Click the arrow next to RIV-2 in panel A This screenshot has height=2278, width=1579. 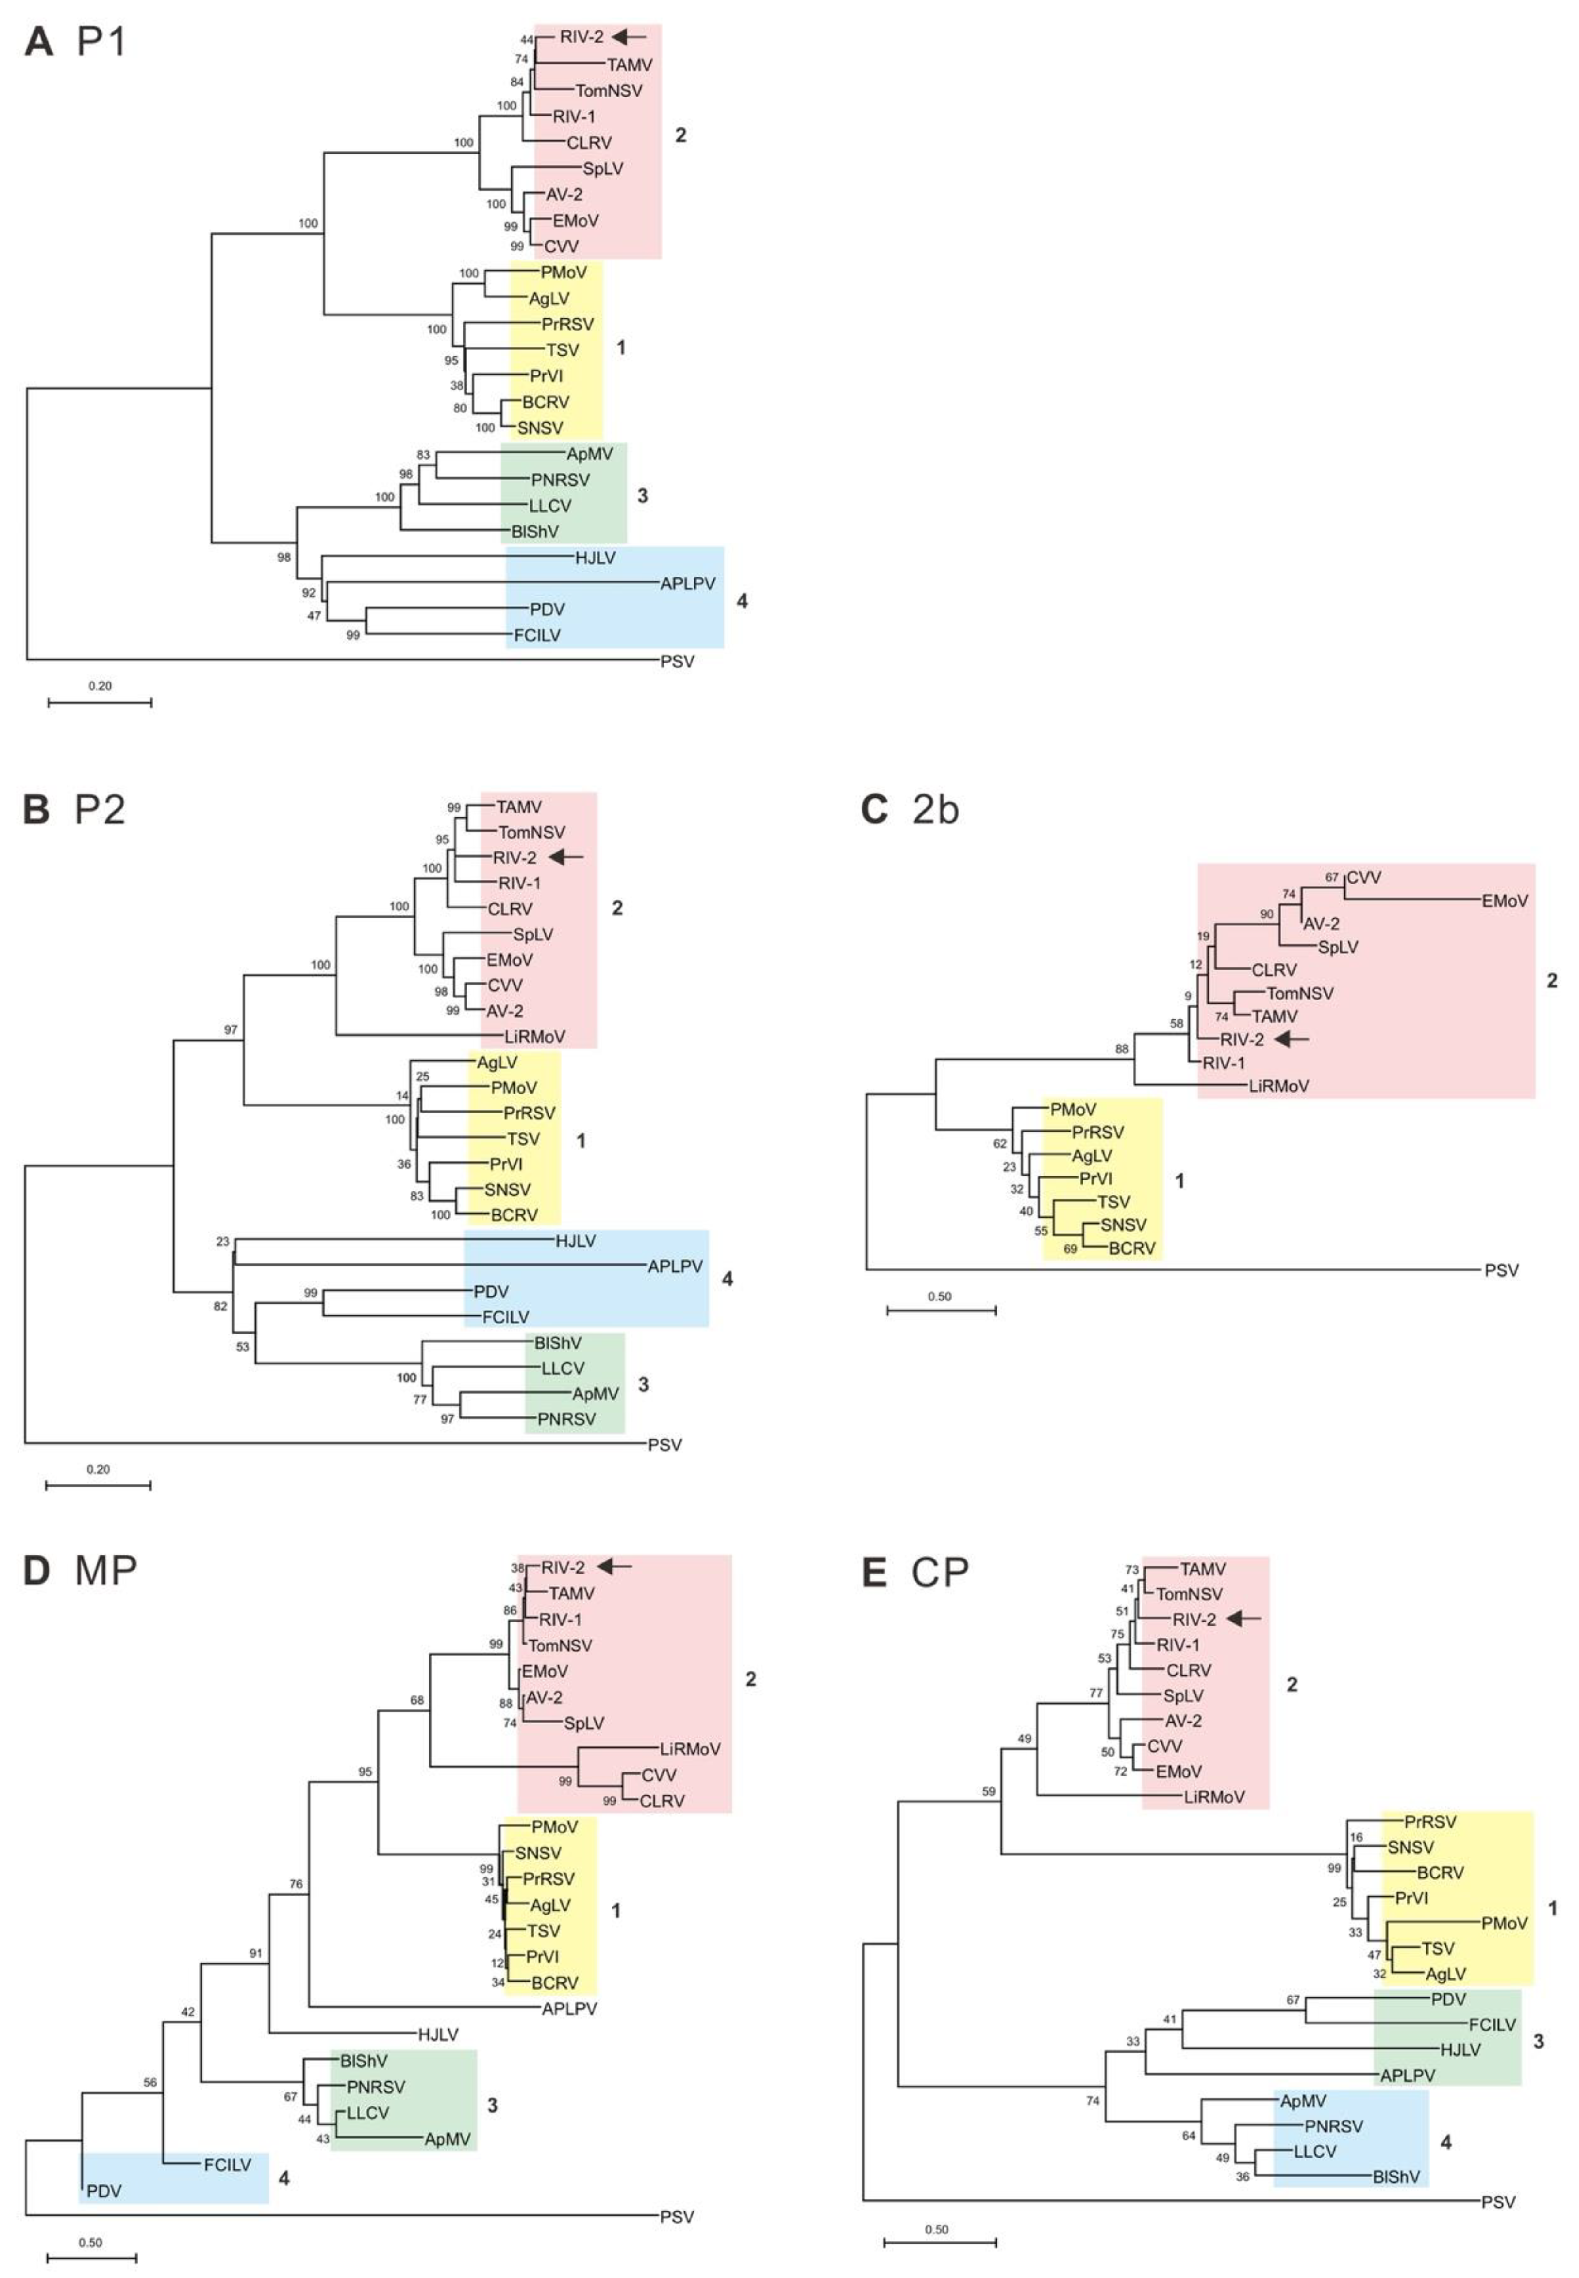click(x=629, y=37)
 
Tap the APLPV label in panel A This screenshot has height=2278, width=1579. click(x=687, y=584)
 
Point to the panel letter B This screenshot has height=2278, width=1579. click(x=37, y=809)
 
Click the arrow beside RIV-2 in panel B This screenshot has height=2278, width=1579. click(x=568, y=857)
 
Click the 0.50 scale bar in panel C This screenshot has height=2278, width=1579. click(x=941, y=1309)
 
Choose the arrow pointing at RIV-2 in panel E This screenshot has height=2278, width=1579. click(x=1245, y=1619)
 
